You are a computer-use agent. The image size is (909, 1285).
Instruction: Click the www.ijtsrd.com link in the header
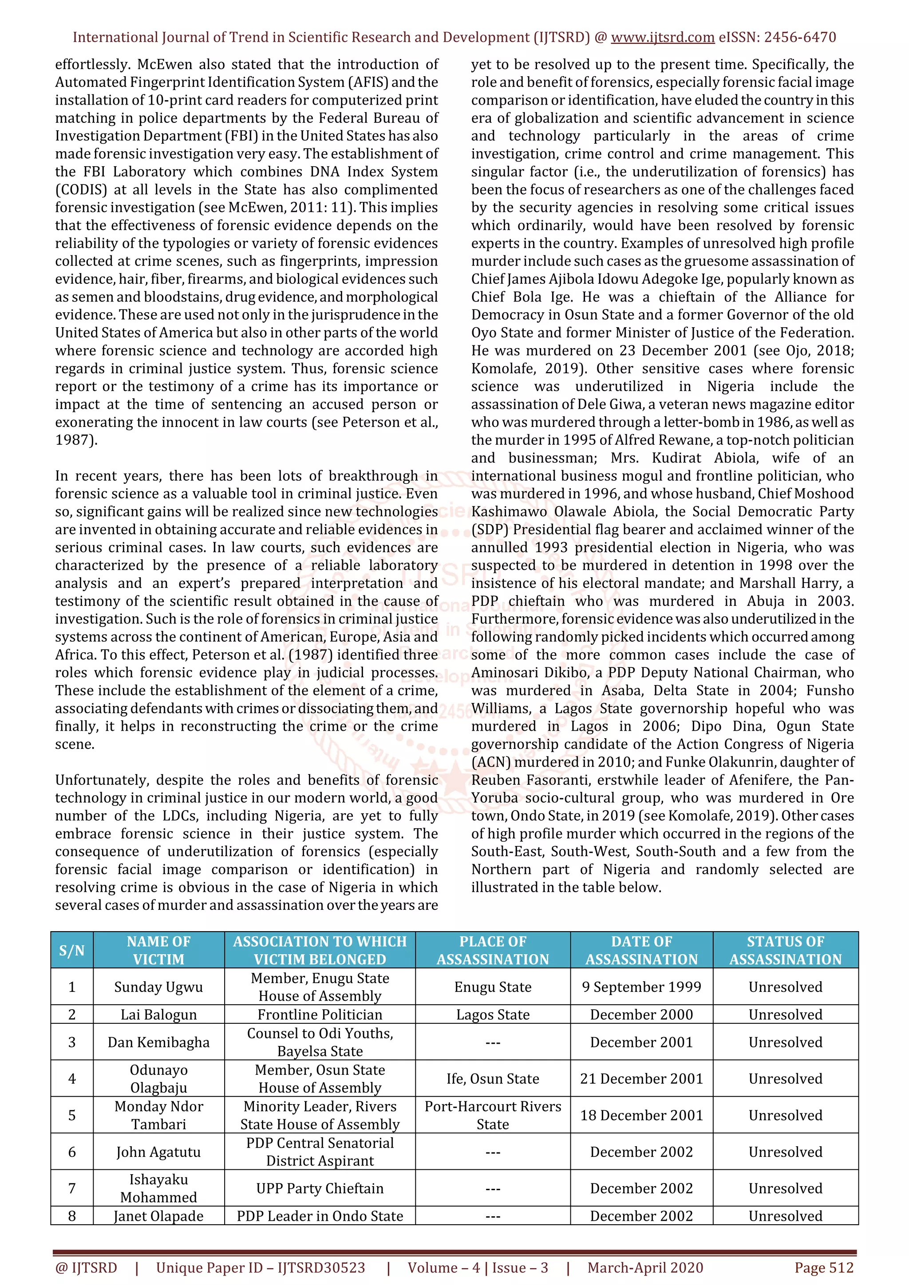click(x=662, y=38)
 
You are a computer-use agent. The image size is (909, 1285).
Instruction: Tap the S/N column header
click(x=72, y=950)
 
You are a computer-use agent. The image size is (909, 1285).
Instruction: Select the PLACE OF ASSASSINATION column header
click(x=492, y=950)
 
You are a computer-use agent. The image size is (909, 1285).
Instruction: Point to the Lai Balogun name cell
click(x=158, y=1014)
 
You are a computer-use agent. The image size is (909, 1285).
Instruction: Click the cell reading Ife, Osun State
click(x=492, y=1078)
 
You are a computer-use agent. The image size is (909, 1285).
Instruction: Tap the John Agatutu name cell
click(x=158, y=1152)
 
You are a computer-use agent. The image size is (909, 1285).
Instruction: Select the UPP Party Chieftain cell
click(x=320, y=1188)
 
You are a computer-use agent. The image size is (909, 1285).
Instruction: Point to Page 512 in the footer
click(x=823, y=1268)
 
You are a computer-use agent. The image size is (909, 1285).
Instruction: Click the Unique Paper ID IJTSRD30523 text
click(x=261, y=1268)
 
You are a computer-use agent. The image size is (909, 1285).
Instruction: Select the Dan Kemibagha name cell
click(x=158, y=1042)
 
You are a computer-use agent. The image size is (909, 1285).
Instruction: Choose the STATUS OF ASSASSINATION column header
click(x=785, y=950)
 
